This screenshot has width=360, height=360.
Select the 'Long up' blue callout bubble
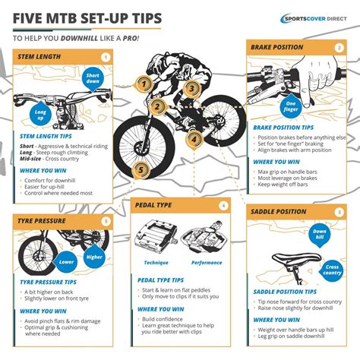click(x=40, y=114)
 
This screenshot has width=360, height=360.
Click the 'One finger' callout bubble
click(x=290, y=106)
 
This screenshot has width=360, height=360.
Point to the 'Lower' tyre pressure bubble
click(x=66, y=262)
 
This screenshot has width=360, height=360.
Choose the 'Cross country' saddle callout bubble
click(x=333, y=270)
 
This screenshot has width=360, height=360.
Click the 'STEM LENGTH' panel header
click(x=42, y=57)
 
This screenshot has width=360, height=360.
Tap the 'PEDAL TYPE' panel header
click(x=156, y=206)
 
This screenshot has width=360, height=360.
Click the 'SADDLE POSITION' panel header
click(x=282, y=212)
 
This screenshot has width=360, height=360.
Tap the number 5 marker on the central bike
click(x=141, y=171)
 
